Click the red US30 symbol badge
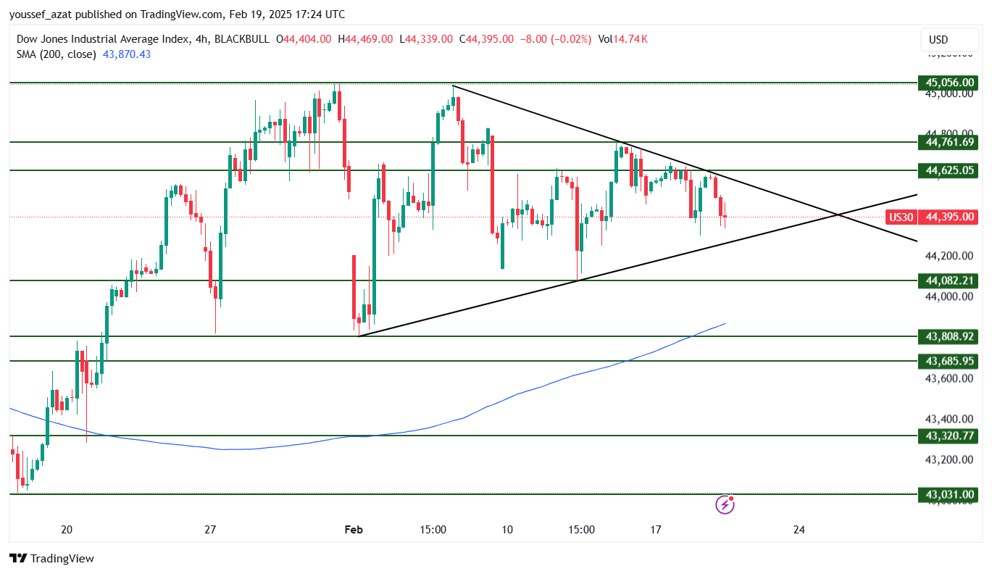pyautogui.click(x=901, y=217)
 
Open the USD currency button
pyautogui.click(x=938, y=40)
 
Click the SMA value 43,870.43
pyautogui.click(x=127, y=54)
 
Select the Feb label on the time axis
pyautogui.click(x=354, y=530)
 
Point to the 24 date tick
pyautogui.click(x=799, y=530)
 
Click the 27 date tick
pyautogui.click(x=211, y=530)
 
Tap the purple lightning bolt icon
pyautogui.click(x=725, y=504)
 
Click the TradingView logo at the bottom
pyautogui.click(x=51, y=559)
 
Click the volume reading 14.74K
pyautogui.click(x=631, y=38)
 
